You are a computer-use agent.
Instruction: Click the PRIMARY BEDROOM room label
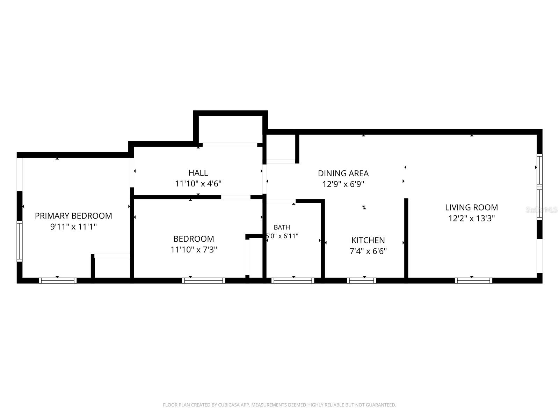tap(73, 216)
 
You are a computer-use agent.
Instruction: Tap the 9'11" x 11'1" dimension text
tap(73, 226)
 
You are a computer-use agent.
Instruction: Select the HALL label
tap(198, 173)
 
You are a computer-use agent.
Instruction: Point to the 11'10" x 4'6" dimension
tap(198, 183)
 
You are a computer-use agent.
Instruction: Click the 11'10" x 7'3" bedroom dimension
tap(194, 250)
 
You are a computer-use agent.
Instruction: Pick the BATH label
tap(282, 227)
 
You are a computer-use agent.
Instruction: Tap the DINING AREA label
tap(343, 173)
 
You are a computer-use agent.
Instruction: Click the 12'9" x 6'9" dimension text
tap(343, 184)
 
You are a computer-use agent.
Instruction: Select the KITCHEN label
tap(368, 240)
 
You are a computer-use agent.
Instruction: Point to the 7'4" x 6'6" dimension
tap(368, 251)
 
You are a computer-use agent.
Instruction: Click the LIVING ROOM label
tap(471, 207)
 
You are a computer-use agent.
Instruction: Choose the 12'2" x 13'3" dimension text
tap(471, 218)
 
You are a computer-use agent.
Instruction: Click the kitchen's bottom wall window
tap(361, 281)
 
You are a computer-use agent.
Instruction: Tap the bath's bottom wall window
tap(293, 281)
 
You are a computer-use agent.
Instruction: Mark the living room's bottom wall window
tap(473, 281)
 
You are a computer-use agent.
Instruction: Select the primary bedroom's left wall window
tap(20, 241)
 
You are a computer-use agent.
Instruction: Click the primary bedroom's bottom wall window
tap(58, 281)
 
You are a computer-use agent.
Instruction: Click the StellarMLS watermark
tap(542, 210)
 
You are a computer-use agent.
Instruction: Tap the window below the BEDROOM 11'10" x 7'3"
tap(203, 281)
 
